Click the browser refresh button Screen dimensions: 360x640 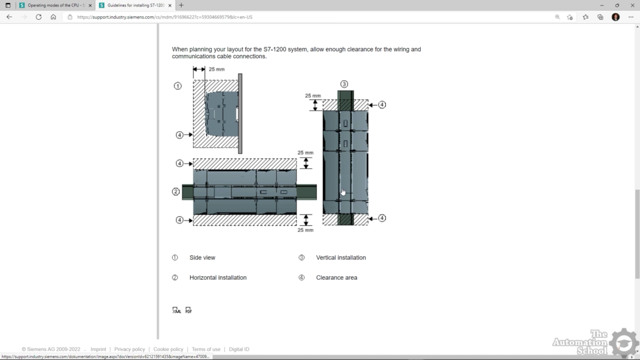pyautogui.click(x=38, y=17)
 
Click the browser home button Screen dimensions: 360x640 pyautogui.click(x=53, y=17)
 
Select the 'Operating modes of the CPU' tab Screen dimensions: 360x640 pyautogui.click(x=54, y=5)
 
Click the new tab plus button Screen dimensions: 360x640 pyautogui.click(x=182, y=5)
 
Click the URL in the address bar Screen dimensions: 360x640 pyautogui.click(x=165, y=17)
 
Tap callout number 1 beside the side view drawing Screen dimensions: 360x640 pyautogui.click(x=177, y=86)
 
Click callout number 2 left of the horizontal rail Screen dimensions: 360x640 pyautogui.click(x=176, y=192)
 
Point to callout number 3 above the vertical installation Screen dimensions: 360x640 pyautogui.click(x=344, y=84)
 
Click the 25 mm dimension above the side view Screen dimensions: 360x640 pyautogui.click(x=216, y=69)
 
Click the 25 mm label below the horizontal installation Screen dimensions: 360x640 pyautogui.click(x=305, y=230)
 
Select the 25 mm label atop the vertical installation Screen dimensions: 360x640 pyautogui.click(x=312, y=96)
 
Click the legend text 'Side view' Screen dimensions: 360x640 pyautogui.click(x=202, y=258)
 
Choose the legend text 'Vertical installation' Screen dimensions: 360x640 pyautogui.click(x=340, y=258)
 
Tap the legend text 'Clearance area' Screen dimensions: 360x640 pyautogui.click(x=336, y=277)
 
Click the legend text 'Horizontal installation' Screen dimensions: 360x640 pyautogui.click(x=218, y=277)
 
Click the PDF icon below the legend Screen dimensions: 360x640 pyautogui.click(x=188, y=310)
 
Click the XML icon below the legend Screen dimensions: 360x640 pyautogui.click(x=176, y=310)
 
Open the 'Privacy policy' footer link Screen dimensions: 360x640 pyautogui.click(x=129, y=349)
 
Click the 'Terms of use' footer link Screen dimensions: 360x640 pyautogui.click(x=206, y=349)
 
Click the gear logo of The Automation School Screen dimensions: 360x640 pyautogui.click(x=624, y=343)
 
